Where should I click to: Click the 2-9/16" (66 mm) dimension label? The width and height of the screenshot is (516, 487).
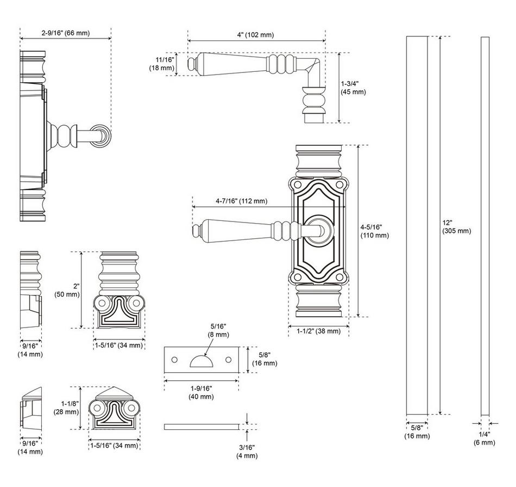point(66,33)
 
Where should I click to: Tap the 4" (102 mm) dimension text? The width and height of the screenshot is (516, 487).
point(255,35)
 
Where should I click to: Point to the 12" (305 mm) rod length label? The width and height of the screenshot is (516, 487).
point(456,227)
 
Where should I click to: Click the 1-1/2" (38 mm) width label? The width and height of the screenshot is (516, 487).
point(318,331)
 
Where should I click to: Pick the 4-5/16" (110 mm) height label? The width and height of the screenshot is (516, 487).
point(375,231)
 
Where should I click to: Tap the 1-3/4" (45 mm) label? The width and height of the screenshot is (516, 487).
point(353,88)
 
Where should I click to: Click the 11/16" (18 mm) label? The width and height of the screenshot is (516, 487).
point(164,64)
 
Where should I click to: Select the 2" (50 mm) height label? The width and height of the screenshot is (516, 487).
point(67,290)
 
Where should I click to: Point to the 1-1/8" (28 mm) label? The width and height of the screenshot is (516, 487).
point(67,408)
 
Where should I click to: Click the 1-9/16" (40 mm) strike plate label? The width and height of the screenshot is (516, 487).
point(202,392)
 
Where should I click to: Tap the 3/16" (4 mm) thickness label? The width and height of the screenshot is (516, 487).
point(247,451)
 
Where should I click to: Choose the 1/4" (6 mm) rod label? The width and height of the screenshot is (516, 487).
point(484,439)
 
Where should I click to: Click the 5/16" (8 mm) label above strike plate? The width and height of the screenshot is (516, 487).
point(219,330)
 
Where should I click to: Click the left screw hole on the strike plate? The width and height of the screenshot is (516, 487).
point(174,360)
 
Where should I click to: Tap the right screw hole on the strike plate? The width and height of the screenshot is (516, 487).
point(228,360)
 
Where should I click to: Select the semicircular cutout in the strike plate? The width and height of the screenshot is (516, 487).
point(201,361)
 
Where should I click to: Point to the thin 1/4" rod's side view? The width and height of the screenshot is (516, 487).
point(485,223)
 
